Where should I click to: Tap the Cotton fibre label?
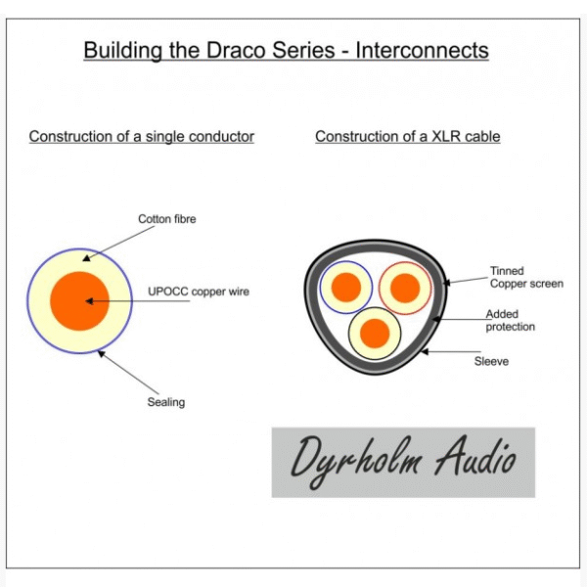(166, 219)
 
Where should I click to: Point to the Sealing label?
(165, 402)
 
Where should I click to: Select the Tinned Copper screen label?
(526, 277)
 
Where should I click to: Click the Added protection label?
(510, 320)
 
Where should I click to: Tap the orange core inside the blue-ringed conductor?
(345, 287)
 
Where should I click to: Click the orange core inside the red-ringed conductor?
(404, 287)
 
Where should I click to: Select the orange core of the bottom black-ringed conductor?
(375, 334)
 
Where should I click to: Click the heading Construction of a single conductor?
(141, 137)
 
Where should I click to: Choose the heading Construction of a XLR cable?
(407, 137)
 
